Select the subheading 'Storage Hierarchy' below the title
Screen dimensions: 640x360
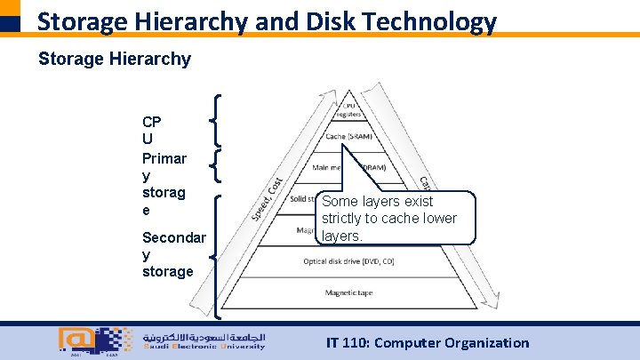[114, 60]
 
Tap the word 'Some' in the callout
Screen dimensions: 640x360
[341, 202]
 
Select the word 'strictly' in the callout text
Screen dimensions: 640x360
[345, 219]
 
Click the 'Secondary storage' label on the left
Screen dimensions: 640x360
[173, 254]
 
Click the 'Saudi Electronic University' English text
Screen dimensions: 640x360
[204, 347]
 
